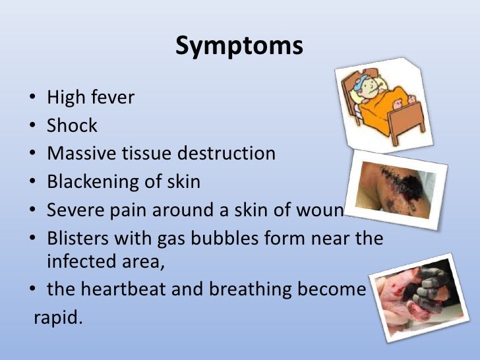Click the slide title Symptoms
pos(239,47)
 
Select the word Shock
pos(73,126)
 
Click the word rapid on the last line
pos(59,318)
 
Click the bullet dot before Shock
pos(33,127)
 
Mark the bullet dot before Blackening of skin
pos(33,182)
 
